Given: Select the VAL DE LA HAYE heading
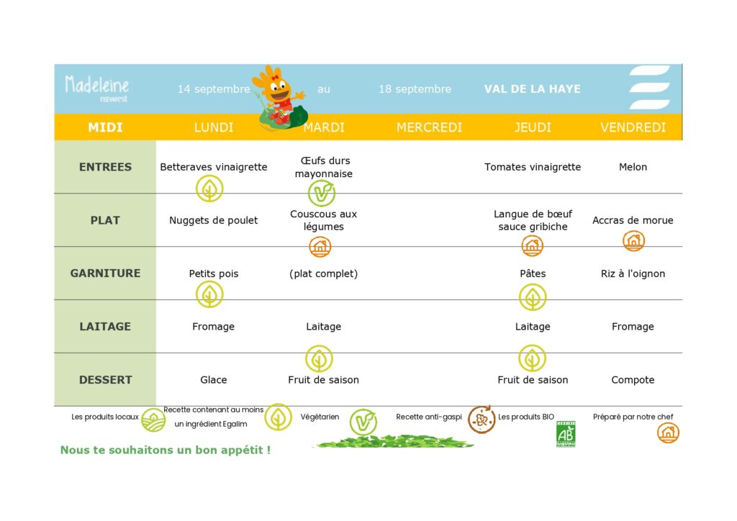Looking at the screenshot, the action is pos(532,89).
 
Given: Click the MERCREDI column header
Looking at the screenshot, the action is pos(429,127).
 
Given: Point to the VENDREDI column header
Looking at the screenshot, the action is pos(633,127).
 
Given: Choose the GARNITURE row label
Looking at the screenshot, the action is pos(105,273).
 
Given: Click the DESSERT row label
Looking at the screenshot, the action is pos(105,379).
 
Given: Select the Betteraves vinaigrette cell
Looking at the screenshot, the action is pos(213,167).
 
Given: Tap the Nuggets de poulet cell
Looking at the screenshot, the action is pos(213,220).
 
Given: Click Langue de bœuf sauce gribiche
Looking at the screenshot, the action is pos(533,220).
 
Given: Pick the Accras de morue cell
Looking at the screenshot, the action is pos(633,220).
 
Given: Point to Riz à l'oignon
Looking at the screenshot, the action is pos(633,273).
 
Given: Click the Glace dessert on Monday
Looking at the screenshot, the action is pos(213,379).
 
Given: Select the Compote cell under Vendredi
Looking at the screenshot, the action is pos(633,379).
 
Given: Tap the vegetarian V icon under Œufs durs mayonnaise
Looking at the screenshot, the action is pos(322,193).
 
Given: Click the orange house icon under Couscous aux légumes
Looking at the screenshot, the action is pos(320,246).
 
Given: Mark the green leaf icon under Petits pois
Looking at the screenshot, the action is pos(209,294).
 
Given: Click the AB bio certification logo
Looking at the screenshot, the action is pos(566,434).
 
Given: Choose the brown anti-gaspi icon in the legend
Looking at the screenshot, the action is pos(481,420).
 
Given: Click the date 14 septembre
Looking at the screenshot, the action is pos(213,89).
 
